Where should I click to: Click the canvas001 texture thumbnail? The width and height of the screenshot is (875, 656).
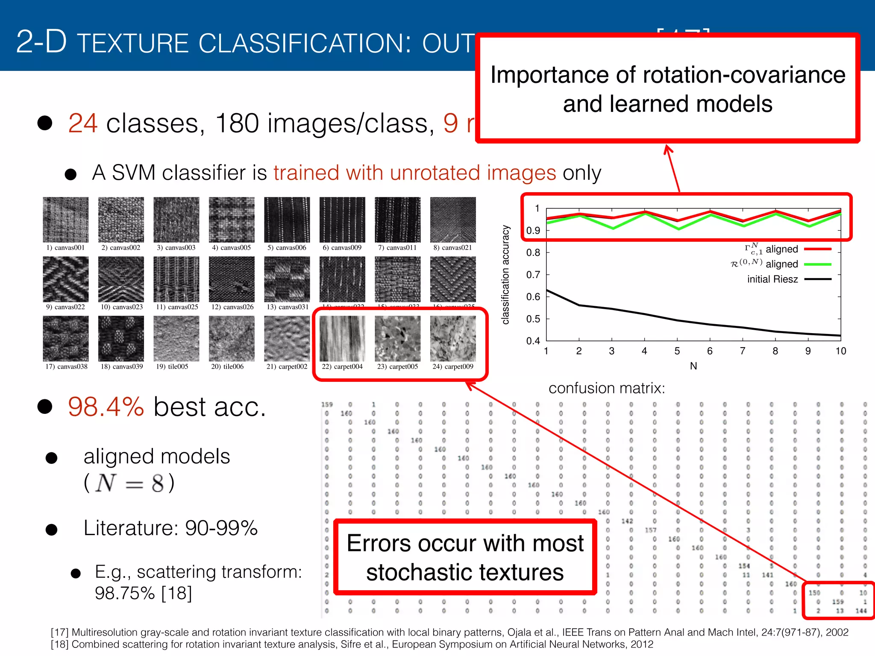[65, 220]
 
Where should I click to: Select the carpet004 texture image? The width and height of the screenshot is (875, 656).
[342, 339]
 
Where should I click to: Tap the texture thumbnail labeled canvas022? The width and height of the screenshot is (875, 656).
[65, 279]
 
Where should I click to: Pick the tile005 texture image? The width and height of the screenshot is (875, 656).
[176, 339]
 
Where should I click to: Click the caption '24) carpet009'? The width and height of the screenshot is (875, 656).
[453, 366]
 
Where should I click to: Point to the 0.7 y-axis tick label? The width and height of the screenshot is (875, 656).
[533, 275]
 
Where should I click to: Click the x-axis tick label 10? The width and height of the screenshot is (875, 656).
[840, 351]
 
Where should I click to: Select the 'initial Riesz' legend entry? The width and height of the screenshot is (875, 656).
[772, 279]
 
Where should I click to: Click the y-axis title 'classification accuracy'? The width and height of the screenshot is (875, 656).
[505, 275]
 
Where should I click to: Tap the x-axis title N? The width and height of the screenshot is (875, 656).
[693, 366]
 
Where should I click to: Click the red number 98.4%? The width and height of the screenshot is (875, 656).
[106, 407]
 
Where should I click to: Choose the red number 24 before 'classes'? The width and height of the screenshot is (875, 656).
[83, 123]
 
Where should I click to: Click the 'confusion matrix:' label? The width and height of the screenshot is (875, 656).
[607, 388]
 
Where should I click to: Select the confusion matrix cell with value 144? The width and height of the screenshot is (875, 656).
[861, 611]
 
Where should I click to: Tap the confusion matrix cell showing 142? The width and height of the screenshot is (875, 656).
[627, 521]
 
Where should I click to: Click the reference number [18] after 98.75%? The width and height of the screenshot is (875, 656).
[176, 593]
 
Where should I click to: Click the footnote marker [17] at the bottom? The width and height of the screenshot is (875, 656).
[59, 632]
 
